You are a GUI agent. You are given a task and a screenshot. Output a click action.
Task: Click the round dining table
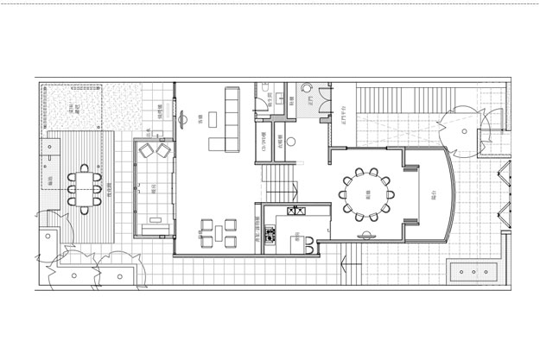366,194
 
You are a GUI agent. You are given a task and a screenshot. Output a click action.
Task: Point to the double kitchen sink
295,211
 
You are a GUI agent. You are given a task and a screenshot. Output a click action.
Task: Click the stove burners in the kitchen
270,232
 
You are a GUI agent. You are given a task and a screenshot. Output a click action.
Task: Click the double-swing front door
457,129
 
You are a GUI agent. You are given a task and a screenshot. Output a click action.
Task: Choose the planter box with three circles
473,271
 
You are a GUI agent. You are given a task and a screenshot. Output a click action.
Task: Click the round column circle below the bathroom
291,138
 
